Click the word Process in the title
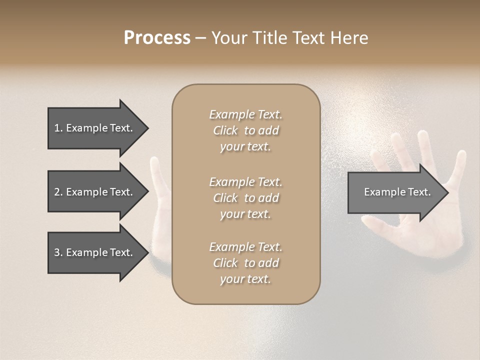click(x=157, y=38)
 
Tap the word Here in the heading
click(x=349, y=38)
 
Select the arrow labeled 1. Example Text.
click(x=95, y=128)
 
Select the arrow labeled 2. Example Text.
click(x=95, y=192)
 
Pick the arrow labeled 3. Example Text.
click(x=95, y=252)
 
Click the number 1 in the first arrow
click(x=57, y=128)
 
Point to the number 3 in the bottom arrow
click(x=57, y=252)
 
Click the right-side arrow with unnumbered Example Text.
click(x=395, y=192)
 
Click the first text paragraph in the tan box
click(x=245, y=130)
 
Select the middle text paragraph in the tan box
click(x=245, y=198)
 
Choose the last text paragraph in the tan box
click(x=245, y=263)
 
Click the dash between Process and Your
click(x=200, y=38)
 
